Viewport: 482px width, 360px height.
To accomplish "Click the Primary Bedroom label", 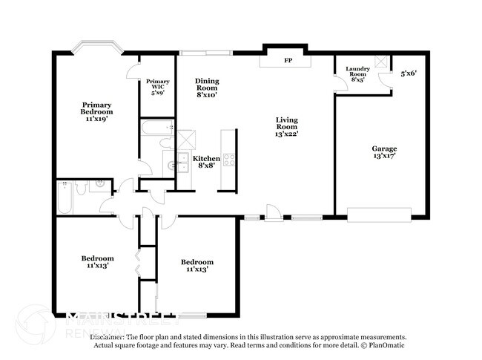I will (97, 111).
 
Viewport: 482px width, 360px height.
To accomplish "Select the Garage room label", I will (384, 153).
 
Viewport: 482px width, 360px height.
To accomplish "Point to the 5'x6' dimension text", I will (409, 74).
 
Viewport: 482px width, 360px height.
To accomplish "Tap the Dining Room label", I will (208, 87).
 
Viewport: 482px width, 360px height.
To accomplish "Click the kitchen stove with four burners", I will (229, 159).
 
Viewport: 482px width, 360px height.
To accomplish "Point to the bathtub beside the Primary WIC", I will (156, 128).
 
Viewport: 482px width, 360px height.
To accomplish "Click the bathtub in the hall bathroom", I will (65, 197).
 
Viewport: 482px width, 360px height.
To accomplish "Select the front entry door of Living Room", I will (274, 216).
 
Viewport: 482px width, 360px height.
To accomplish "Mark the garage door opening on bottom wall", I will (379, 216).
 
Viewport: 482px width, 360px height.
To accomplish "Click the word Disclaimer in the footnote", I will (110, 336).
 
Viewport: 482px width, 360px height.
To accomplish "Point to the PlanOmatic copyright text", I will (384, 344).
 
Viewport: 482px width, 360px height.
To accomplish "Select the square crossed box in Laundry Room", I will (381, 62).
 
